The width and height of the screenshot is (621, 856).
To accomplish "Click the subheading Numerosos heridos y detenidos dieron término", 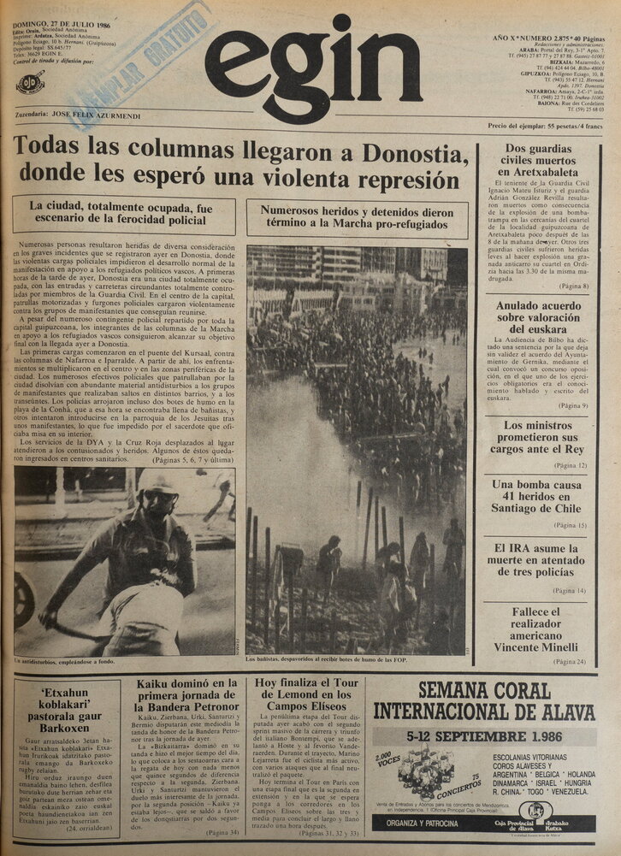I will pyautogui.click(x=357, y=217).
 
